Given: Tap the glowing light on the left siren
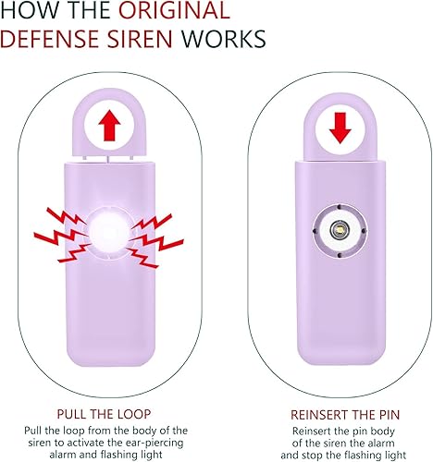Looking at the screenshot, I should pyautogui.click(x=110, y=226).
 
